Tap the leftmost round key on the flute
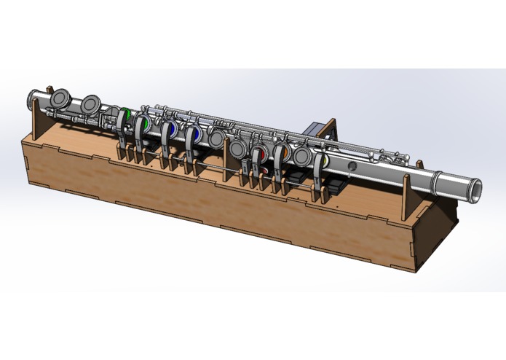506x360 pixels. (x=60, y=100)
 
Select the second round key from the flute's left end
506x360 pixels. (x=92, y=105)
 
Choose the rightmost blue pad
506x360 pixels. (x=195, y=136)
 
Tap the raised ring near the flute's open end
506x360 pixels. (x=432, y=181)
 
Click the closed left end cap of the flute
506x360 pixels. (x=30, y=96)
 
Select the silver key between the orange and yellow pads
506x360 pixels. (x=304, y=154)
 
